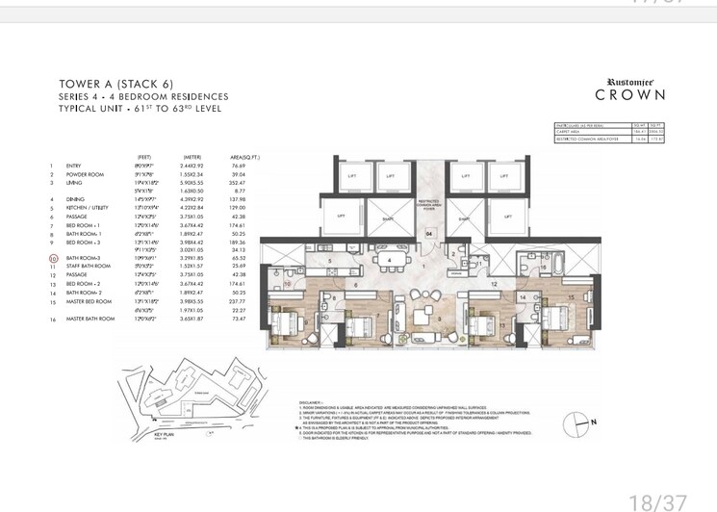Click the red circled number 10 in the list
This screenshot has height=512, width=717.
click(x=53, y=258)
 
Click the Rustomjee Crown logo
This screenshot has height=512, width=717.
click(x=630, y=90)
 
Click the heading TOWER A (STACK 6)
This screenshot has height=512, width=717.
click(x=115, y=84)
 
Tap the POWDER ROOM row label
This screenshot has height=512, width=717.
click(x=84, y=173)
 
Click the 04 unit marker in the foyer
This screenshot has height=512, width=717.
click(x=429, y=233)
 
